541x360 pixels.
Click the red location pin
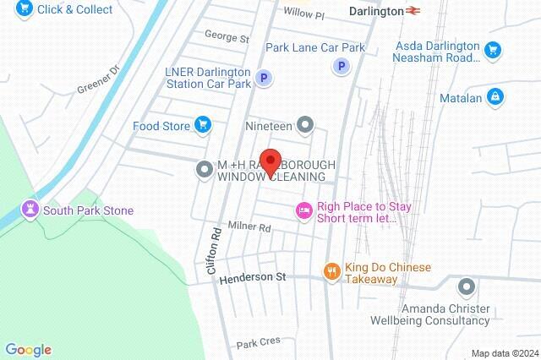[270, 161]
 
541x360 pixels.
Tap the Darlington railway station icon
[413, 12]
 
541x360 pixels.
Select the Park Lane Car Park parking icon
[342, 66]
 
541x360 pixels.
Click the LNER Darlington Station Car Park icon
[264, 78]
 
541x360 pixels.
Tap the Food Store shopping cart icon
[202, 126]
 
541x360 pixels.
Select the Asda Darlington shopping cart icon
[492, 53]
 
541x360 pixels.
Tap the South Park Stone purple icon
[31, 210]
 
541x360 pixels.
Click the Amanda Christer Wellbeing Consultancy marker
[464, 287]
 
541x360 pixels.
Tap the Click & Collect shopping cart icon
[23, 8]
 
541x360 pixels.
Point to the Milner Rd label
[250, 228]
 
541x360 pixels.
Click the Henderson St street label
[254, 277]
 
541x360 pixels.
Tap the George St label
[227, 38]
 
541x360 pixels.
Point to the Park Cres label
[257, 344]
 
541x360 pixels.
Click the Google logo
[28, 350]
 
